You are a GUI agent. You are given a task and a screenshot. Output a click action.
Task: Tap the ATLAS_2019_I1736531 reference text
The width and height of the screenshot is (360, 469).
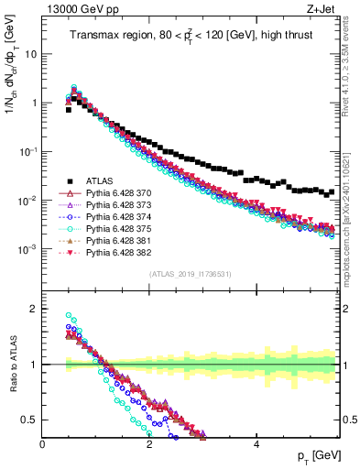click(x=190, y=274)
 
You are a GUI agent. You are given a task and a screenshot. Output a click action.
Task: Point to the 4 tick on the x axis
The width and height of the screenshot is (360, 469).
click(x=256, y=446)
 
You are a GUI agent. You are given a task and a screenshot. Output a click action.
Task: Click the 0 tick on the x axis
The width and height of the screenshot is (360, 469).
click(x=43, y=446)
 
